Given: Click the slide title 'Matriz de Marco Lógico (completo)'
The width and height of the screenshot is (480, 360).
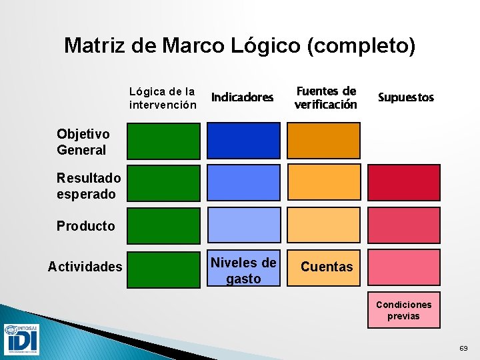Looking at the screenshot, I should click(x=239, y=45).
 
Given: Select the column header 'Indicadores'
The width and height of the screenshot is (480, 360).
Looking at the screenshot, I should click(x=242, y=97).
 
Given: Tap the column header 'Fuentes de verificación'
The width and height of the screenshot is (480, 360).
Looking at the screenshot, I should click(x=325, y=97).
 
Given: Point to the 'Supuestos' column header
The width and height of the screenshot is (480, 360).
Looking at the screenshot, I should click(x=405, y=97).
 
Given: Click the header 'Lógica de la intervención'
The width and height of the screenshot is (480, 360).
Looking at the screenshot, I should click(x=163, y=98).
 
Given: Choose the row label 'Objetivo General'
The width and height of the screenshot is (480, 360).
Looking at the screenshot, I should click(x=81, y=142).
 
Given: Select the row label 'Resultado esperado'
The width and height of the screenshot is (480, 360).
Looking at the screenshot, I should click(x=89, y=186).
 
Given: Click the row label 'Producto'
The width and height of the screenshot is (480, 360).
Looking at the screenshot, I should click(x=85, y=226).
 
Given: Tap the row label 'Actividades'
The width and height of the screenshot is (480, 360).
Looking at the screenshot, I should click(x=85, y=267).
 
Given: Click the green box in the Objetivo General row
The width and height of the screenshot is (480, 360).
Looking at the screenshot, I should click(x=163, y=141).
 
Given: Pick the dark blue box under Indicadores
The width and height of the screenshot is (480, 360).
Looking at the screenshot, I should click(x=243, y=141).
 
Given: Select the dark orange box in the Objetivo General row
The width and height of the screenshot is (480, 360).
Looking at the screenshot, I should click(x=323, y=141).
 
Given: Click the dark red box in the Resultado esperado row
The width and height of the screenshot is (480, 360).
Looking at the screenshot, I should click(x=404, y=183).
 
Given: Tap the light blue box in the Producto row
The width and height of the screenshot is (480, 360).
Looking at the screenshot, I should click(x=243, y=225).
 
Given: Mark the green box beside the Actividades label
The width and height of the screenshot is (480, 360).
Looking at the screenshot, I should click(x=163, y=268).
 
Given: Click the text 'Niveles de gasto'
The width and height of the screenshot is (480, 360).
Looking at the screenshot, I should click(x=243, y=271).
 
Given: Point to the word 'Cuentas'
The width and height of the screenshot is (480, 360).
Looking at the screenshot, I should click(x=326, y=267).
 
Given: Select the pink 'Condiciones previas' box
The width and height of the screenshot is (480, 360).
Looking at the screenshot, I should click(x=404, y=310).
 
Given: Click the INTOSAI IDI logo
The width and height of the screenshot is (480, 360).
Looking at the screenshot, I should click(x=21, y=339).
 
